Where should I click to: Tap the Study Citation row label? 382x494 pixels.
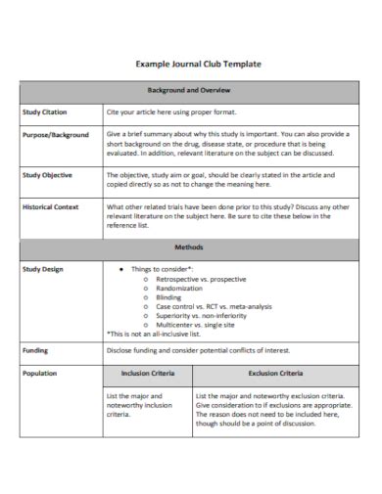pos(45,112)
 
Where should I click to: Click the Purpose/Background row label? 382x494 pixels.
pos(56,135)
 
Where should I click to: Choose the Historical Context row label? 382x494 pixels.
pos(52,207)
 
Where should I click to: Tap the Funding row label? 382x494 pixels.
pos(35,349)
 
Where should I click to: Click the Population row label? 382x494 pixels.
pos(40,373)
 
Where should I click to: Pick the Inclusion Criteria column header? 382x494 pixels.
pos(148,373)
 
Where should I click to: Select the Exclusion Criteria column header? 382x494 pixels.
pos(274,373)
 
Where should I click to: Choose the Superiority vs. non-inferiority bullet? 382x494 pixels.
pos(201,316)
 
